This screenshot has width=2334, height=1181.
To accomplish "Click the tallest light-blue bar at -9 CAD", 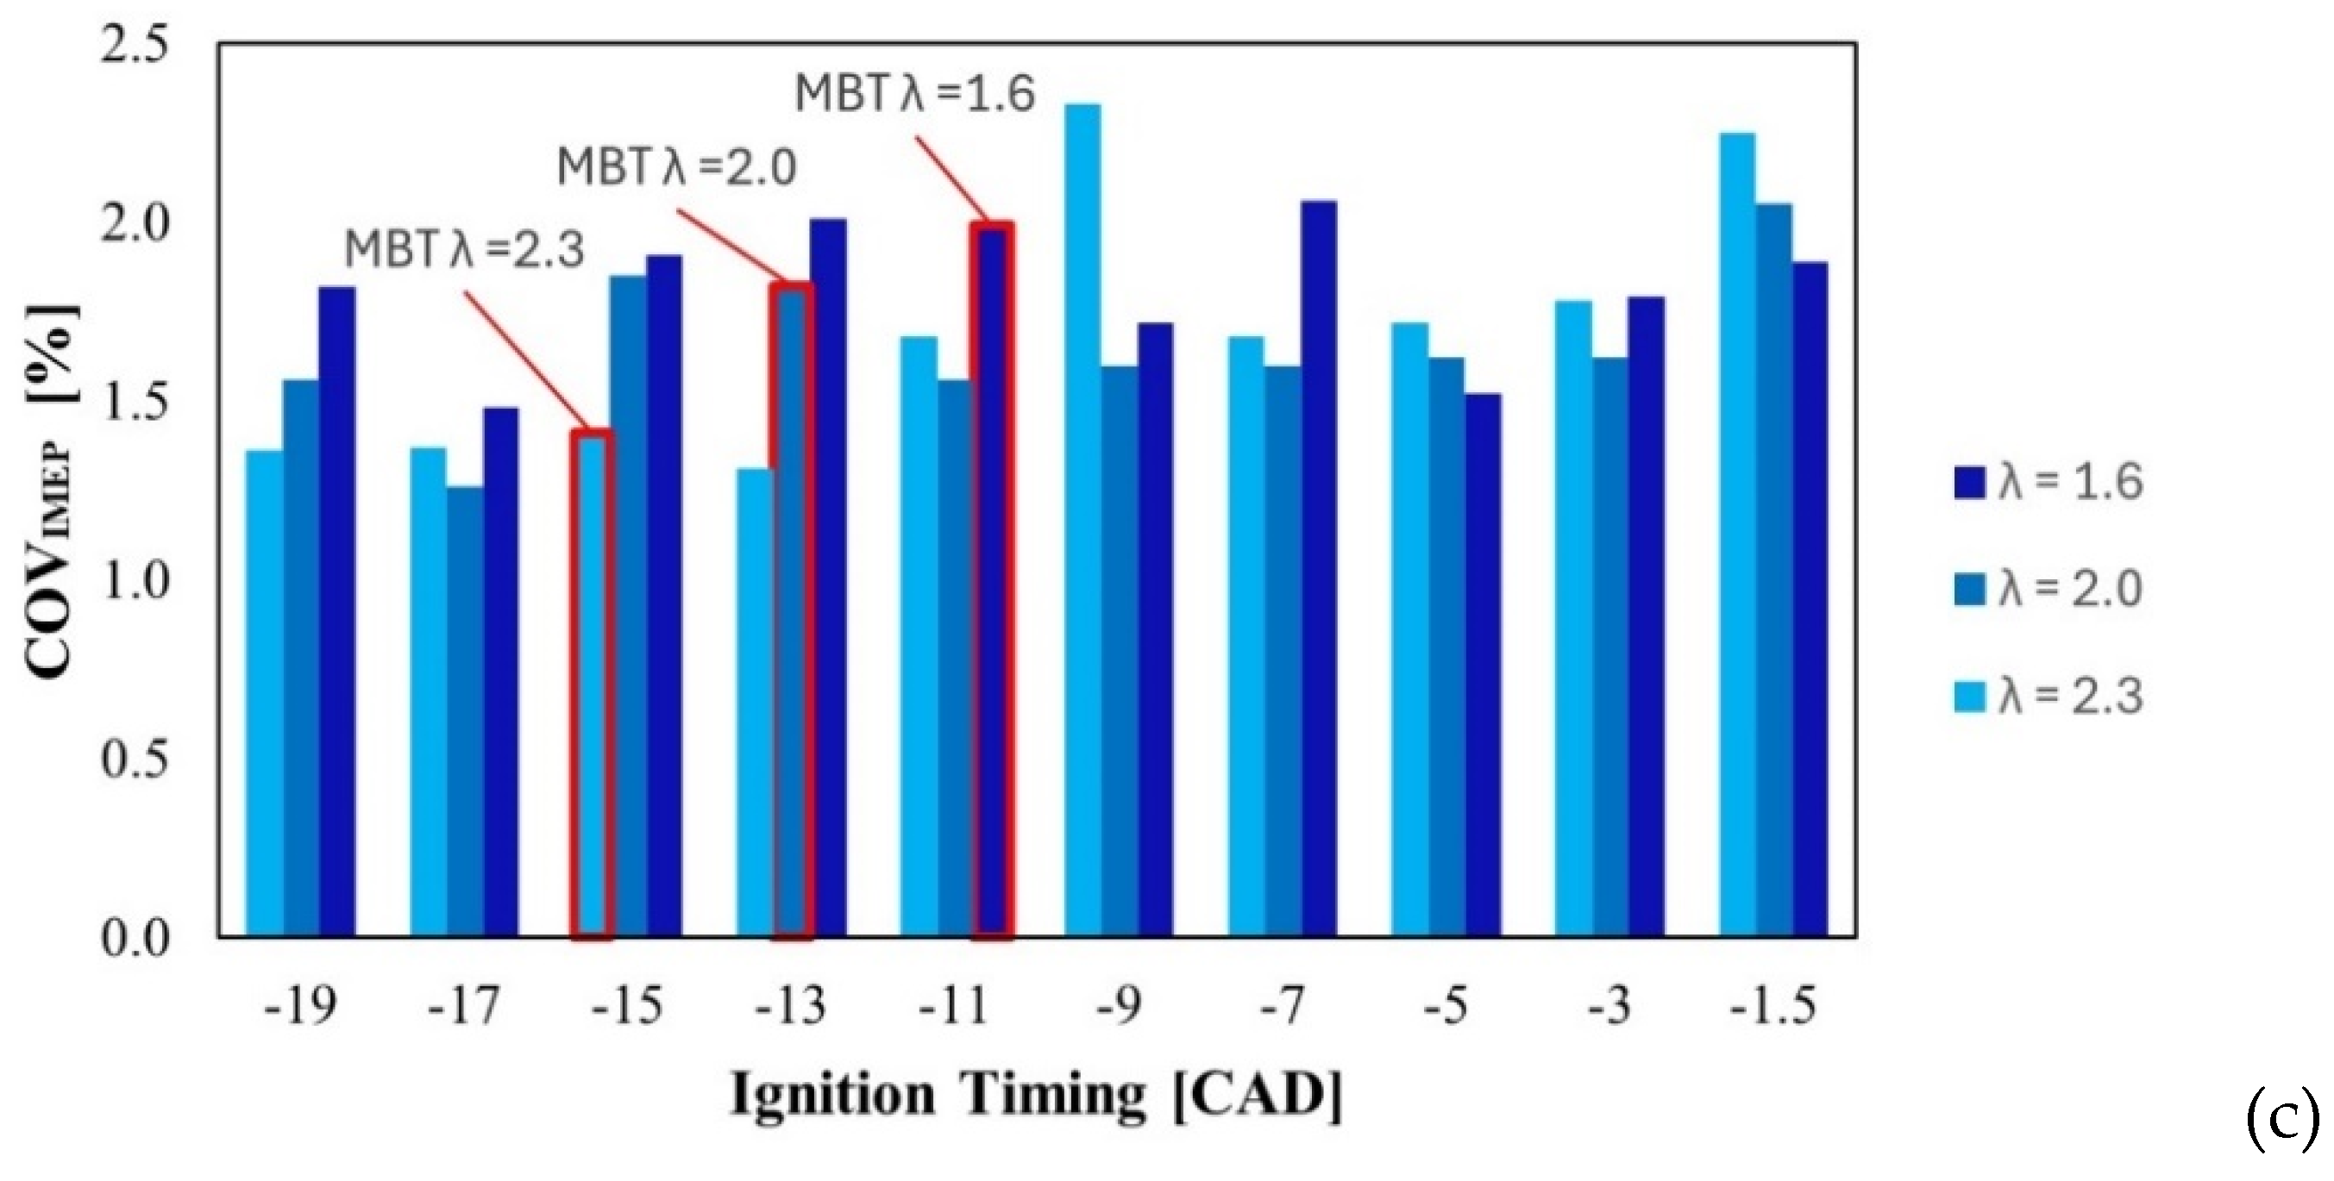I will point(1082,520).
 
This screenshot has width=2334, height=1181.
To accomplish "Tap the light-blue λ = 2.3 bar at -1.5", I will point(1737,534).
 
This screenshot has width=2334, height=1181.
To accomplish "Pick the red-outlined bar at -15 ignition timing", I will point(593,684).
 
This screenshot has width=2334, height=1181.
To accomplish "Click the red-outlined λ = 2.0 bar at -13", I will point(791,610).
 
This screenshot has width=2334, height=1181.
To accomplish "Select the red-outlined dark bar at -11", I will point(992,579).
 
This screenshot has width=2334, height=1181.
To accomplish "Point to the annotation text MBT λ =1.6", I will point(915,93).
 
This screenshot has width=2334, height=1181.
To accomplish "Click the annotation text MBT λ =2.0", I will point(677,167).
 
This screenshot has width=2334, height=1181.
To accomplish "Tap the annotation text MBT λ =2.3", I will point(465,249).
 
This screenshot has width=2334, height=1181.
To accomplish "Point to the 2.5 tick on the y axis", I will point(134,46).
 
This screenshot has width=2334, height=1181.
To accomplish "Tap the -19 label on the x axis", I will point(300,1005).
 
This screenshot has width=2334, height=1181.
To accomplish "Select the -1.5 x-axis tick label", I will point(1772,1005).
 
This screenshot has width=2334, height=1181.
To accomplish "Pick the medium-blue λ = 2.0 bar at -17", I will point(465,712).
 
